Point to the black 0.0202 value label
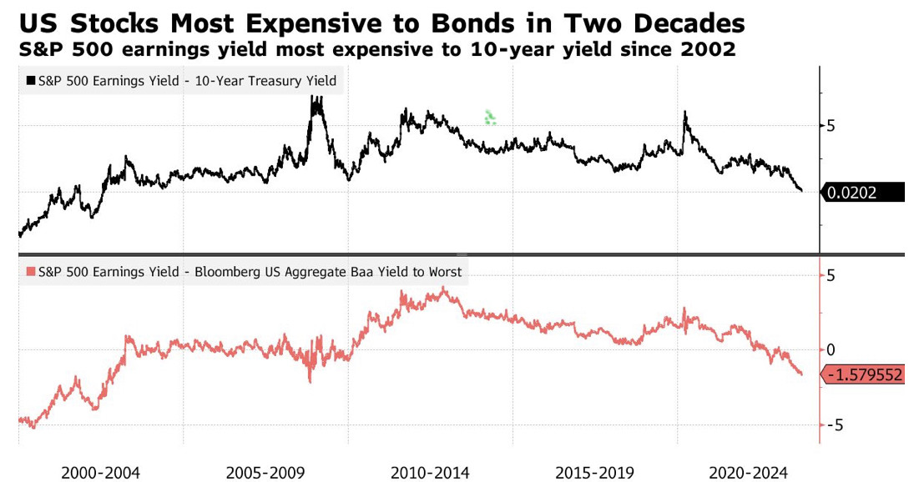click(862, 193)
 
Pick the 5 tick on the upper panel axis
click(831, 125)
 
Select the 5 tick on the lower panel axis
click(831, 275)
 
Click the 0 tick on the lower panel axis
click(831, 349)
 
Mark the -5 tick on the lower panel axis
click(827, 424)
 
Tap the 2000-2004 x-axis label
click(101, 471)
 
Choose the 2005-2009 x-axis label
click(266, 471)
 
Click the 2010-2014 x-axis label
click(431, 471)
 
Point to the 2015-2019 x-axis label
click(595, 471)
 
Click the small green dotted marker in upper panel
click(490, 118)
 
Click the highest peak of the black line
click(315, 98)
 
